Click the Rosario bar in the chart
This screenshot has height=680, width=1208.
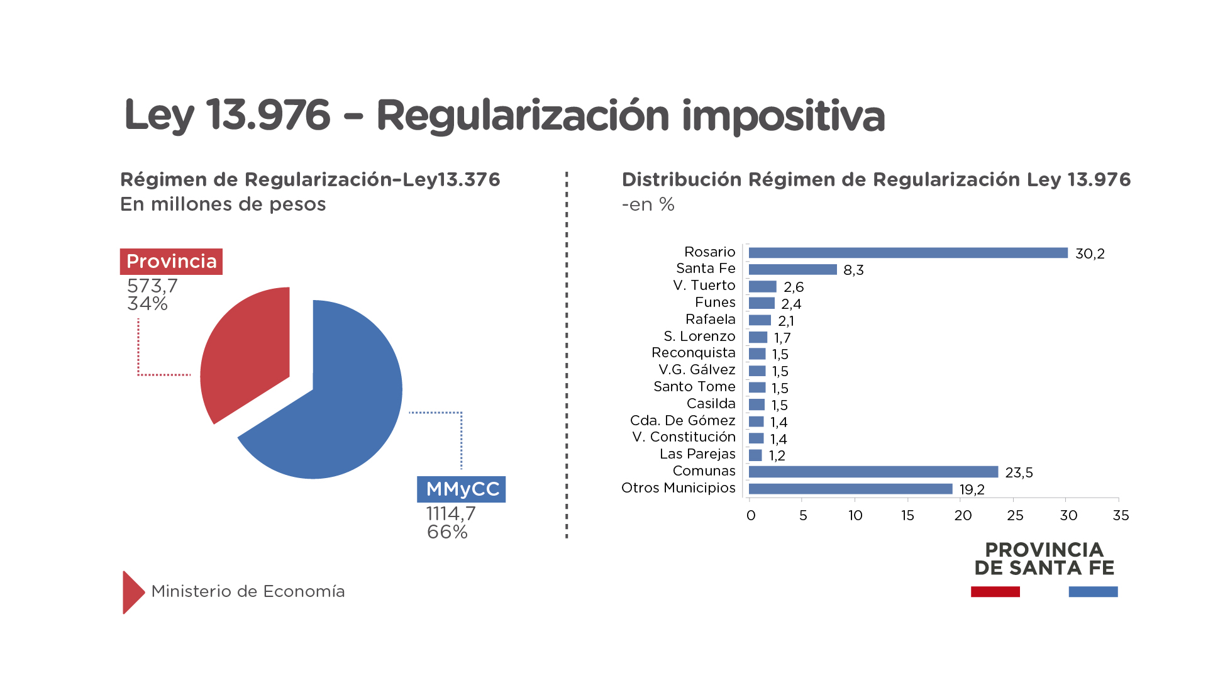(x=907, y=253)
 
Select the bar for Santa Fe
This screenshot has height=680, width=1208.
(x=792, y=269)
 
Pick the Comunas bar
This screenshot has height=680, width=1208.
(x=873, y=472)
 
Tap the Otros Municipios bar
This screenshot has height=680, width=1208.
(x=850, y=489)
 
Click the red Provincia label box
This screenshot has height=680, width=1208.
(x=171, y=262)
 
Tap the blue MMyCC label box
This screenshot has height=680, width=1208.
(x=462, y=489)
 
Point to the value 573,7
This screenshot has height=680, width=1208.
(x=152, y=286)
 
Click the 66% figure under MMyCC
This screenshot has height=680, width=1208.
(x=447, y=532)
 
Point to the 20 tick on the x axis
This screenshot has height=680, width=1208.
(x=962, y=516)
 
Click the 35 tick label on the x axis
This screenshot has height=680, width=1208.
(x=1121, y=516)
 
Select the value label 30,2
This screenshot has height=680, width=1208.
(x=1090, y=254)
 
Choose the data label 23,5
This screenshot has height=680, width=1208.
(x=1019, y=472)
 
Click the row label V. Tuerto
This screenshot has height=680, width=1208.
(x=704, y=286)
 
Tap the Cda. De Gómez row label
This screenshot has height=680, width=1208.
(x=682, y=420)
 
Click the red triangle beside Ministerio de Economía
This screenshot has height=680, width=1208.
(x=133, y=592)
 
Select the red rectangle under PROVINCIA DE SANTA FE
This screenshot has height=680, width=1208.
(x=995, y=592)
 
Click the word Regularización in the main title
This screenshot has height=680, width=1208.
(x=522, y=116)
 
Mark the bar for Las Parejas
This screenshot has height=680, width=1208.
(x=755, y=455)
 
